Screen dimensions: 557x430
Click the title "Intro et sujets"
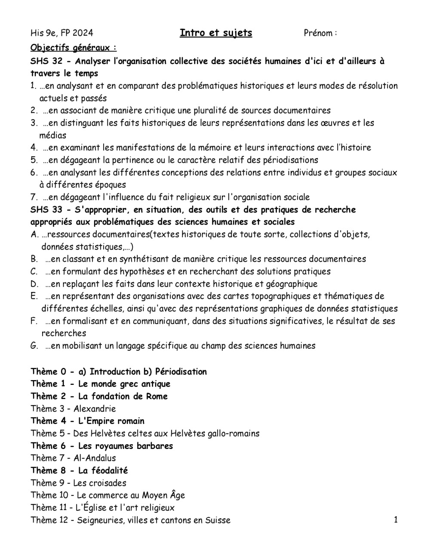(216, 33)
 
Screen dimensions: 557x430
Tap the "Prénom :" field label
(320, 33)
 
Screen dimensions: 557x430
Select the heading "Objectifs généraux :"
(74, 47)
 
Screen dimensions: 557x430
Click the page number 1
(396, 520)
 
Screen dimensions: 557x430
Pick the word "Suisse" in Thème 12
(218, 520)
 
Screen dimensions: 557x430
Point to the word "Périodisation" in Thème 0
(181, 371)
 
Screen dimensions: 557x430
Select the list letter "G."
(34, 346)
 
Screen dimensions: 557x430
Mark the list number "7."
(34, 198)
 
